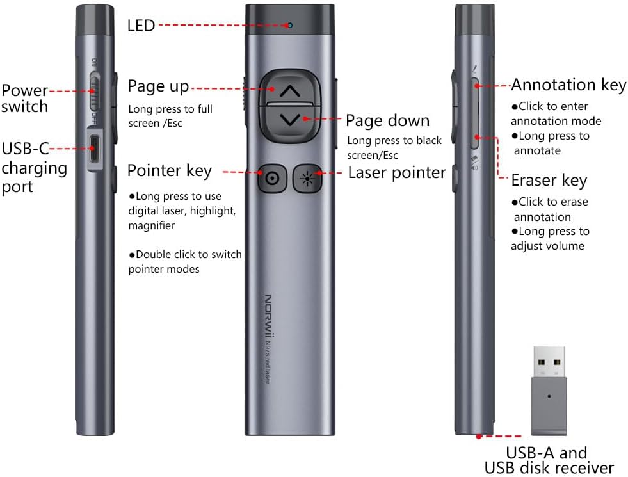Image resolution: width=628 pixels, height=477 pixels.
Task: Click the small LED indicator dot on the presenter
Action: pyautogui.click(x=290, y=25)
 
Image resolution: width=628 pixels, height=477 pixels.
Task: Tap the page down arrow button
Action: pyautogui.click(x=290, y=119)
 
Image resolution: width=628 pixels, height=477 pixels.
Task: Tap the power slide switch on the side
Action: pyautogui.click(x=95, y=93)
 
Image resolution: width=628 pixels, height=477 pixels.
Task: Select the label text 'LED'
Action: pyautogui.click(x=141, y=26)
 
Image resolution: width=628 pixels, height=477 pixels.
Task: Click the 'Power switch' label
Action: pyautogui.click(x=24, y=98)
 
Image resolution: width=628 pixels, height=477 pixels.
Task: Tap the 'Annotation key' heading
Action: pyautogui.click(x=568, y=85)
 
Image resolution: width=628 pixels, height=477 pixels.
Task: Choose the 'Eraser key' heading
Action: pyautogui.click(x=549, y=181)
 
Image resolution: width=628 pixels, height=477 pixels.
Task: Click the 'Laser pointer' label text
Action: pyautogui.click(x=396, y=172)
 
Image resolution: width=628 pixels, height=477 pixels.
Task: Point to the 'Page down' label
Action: pyautogui.click(x=387, y=120)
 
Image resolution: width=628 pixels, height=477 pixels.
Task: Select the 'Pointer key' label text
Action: pyautogui.click(x=169, y=171)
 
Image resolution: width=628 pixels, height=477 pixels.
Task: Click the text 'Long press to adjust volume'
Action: pyautogui.click(x=550, y=238)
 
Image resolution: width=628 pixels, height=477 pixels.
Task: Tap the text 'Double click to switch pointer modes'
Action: pyautogui.click(x=185, y=261)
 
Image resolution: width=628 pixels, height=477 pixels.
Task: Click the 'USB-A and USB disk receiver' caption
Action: pyautogui.click(x=549, y=460)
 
